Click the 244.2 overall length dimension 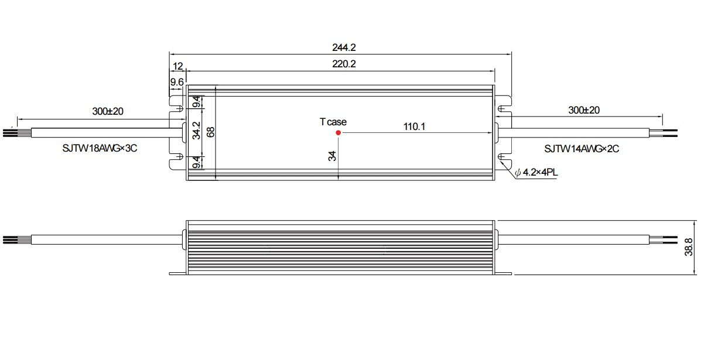pos(344,47)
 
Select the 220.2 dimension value pos(344,64)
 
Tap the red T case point pos(338,133)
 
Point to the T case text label pos(333,122)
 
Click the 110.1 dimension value pos(414,126)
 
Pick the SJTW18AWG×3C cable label pos(100,148)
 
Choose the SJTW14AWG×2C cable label pos(582,149)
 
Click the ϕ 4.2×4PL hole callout pos(536,172)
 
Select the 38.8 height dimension pos(689,247)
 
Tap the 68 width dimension pos(211,132)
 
